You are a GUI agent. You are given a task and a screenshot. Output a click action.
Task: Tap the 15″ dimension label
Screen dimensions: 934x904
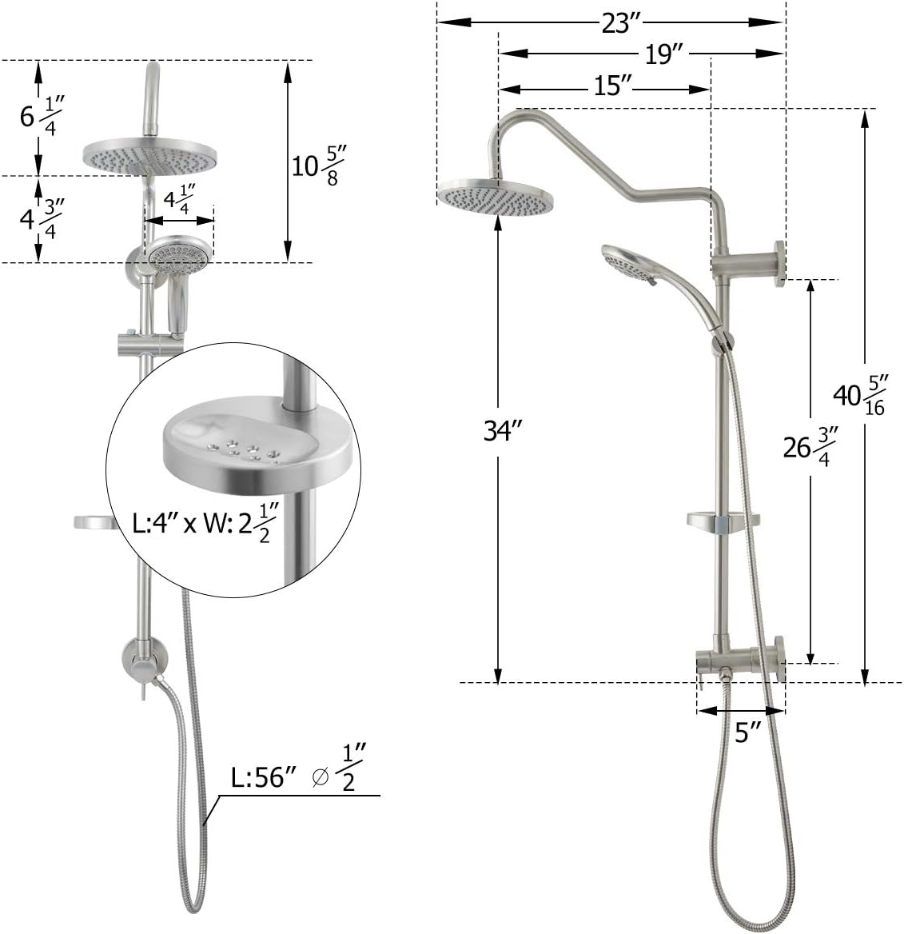(x=612, y=86)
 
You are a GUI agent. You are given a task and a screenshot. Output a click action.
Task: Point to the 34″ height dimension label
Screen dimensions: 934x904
(x=502, y=431)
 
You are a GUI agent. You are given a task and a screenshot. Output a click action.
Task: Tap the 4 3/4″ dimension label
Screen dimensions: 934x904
(x=42, y=218)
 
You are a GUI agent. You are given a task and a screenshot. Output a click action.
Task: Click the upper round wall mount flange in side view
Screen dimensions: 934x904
(x=778, y=261)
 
